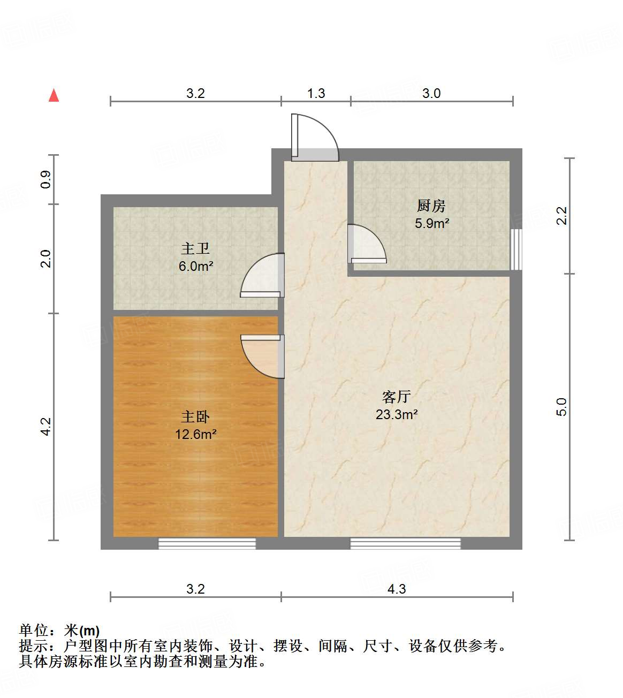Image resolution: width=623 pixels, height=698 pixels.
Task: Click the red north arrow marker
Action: [x=54, y=95]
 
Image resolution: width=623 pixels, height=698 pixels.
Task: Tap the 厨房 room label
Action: [x=431, y=206]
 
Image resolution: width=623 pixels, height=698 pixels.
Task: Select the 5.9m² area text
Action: [x=431, y=223]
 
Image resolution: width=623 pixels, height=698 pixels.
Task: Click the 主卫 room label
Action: [x=195, y=248]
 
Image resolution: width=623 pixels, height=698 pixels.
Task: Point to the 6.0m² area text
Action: [x=196, y=266]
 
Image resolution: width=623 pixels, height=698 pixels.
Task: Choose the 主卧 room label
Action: [x=195, y=416]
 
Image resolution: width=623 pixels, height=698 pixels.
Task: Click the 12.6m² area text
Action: [x=196, y=434]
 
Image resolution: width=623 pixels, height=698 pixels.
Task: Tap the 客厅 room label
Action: [x=396, y=397]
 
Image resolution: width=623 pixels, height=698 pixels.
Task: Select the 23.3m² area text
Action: [x=397, y=414]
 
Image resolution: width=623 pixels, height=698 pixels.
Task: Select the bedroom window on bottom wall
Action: [x=207, y=544]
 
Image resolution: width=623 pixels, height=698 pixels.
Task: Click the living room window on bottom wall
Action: [x=405, y=544]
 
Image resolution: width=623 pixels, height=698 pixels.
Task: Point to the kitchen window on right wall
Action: [x=516, y=249]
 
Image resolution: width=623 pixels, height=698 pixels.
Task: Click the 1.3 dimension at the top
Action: [x=316, y=93]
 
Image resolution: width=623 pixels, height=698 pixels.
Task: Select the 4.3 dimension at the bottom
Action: [x=397, y=589]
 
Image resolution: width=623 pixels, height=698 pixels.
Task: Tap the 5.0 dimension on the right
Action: [x=561, y=407]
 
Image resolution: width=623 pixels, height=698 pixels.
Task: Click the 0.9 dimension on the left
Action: [x=46, y=179]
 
